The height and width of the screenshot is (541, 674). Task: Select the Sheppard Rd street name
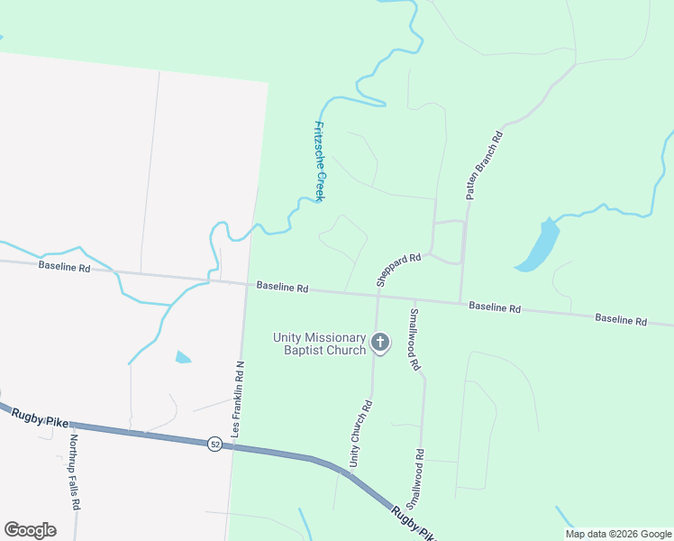point(399,270)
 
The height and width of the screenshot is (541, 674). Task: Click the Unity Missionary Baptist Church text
point(320,344)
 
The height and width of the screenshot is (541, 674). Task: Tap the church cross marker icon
point(380,343)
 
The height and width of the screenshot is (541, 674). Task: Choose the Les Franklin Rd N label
point(239,400)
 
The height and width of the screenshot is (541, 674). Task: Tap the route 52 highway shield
point(214,445)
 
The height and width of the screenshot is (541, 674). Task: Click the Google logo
point(30,530)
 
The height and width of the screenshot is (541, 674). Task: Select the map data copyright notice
point(618,534)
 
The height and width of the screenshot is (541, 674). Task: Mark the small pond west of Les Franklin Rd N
point(182,357)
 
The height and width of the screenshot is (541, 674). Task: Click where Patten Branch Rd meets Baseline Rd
point(460,302)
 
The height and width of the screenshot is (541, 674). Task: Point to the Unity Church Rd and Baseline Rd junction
point(377,295)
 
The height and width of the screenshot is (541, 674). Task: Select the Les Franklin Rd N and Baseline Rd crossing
point(246,283)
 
